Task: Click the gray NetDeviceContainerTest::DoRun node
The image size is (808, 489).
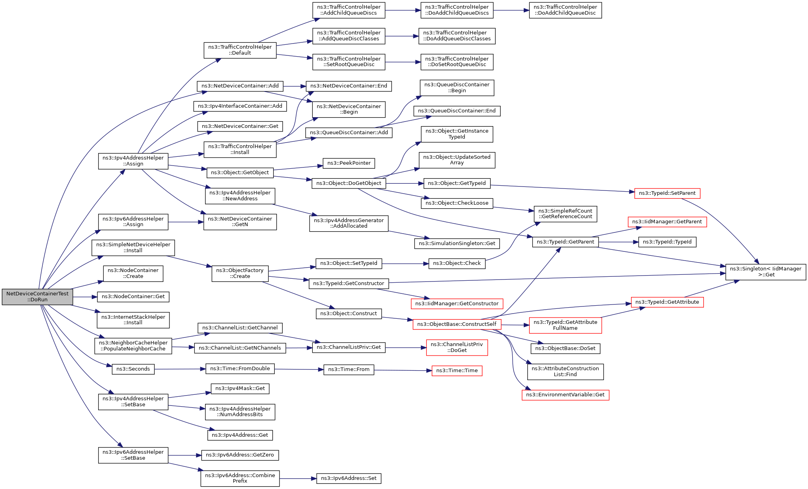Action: [x=37, y=297]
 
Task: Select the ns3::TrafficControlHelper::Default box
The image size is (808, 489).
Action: [x=240, y=50]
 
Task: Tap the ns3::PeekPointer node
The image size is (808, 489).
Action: [x=349, y=163]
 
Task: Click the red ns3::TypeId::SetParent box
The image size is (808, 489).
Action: [x=667, y=193]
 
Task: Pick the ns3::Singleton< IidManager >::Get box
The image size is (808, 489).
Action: [x=766, y=272]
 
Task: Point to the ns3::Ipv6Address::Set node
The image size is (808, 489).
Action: [x=349, y=478]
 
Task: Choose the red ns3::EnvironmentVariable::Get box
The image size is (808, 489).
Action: [x=565, y=395]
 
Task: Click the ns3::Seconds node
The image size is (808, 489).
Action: [x=133, y=369]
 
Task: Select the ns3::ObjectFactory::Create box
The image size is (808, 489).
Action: [x=240, y=274]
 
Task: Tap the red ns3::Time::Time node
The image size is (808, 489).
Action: [x=457, y=371]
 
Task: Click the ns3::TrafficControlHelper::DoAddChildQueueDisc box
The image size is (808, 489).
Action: [x=565, y=10]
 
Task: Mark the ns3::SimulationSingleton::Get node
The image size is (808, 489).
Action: [x=457, y=244]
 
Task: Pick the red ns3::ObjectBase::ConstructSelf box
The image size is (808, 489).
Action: [x=457, y=324]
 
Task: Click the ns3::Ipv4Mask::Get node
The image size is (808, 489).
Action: [x=240, y=389]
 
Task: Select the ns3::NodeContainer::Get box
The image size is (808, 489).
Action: [x=133, y=297]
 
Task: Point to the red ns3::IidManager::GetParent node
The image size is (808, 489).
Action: [x=667, y=222]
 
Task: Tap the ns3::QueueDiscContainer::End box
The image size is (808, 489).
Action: [x=457, y=111]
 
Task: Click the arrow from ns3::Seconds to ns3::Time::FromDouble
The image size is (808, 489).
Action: [x=180, y=369]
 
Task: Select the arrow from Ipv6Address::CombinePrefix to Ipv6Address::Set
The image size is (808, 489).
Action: [x=298, y=479]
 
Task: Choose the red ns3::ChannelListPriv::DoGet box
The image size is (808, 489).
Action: [x=457, y=348]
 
